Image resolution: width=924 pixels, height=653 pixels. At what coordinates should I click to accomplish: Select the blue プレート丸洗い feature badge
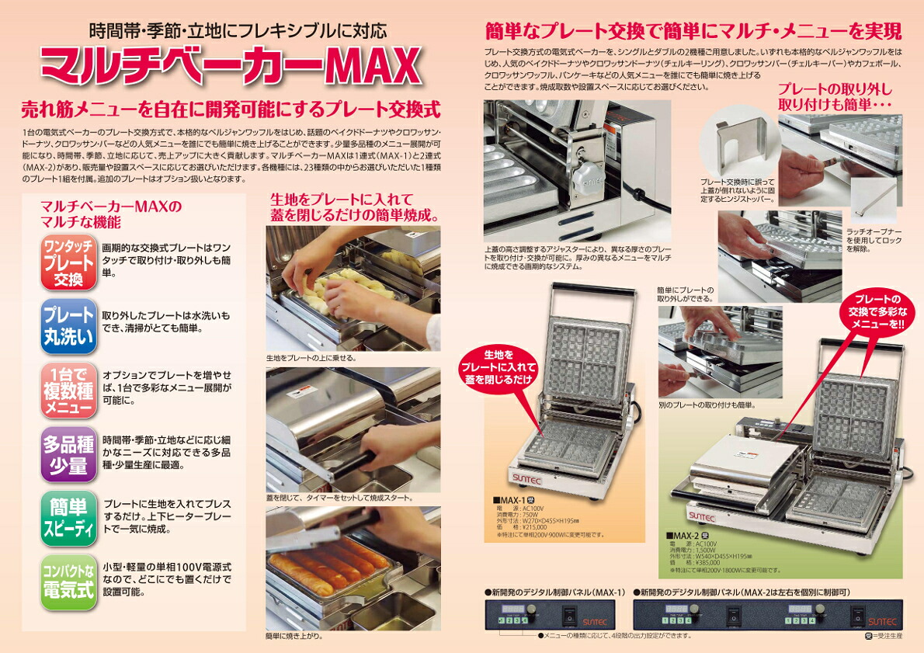69,327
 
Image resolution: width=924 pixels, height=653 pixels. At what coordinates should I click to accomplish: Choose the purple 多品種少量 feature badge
69,454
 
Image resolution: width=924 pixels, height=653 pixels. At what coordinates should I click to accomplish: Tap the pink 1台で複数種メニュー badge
69,391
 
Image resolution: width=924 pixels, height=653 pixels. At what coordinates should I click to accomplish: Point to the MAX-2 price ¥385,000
699,562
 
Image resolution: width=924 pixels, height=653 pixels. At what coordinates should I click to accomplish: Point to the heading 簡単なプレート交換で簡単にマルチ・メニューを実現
693,31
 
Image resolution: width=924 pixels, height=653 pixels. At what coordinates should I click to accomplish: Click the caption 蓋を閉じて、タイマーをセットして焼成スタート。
339,498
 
